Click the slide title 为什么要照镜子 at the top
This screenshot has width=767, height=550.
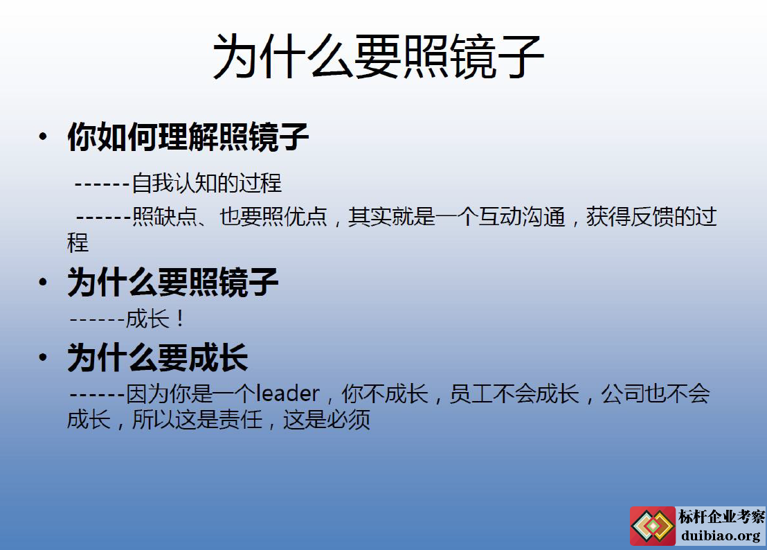coord(378,56)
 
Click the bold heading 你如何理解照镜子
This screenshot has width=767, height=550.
coord(188,136)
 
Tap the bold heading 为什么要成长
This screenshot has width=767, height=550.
coord(158,357)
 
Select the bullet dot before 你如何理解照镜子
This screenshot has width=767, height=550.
coord(43,136)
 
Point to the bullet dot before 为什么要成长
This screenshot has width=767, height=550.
coord(43,357)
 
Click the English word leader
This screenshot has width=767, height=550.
coord(288,393)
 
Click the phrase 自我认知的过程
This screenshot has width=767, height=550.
coord(206,184)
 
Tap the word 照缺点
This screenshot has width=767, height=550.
coord(164,217)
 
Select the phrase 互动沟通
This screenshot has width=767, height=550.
coord(521,217)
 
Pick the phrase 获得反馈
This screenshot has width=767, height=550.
coord(630,217)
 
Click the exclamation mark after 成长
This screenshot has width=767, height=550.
coord(180,319)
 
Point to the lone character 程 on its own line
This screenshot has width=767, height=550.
coord(78,242)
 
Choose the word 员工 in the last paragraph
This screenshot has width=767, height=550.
coord(471,393)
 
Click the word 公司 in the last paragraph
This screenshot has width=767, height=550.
coord(623,393)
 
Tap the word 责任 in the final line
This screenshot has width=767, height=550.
coord(241,419)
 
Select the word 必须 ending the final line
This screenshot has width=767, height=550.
coord(349,419)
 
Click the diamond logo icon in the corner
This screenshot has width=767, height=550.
coord(653,526)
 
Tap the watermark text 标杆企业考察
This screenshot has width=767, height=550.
coord(721,516)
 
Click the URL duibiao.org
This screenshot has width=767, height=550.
coord(721,535)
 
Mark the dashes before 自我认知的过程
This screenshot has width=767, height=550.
coord(102,185)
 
